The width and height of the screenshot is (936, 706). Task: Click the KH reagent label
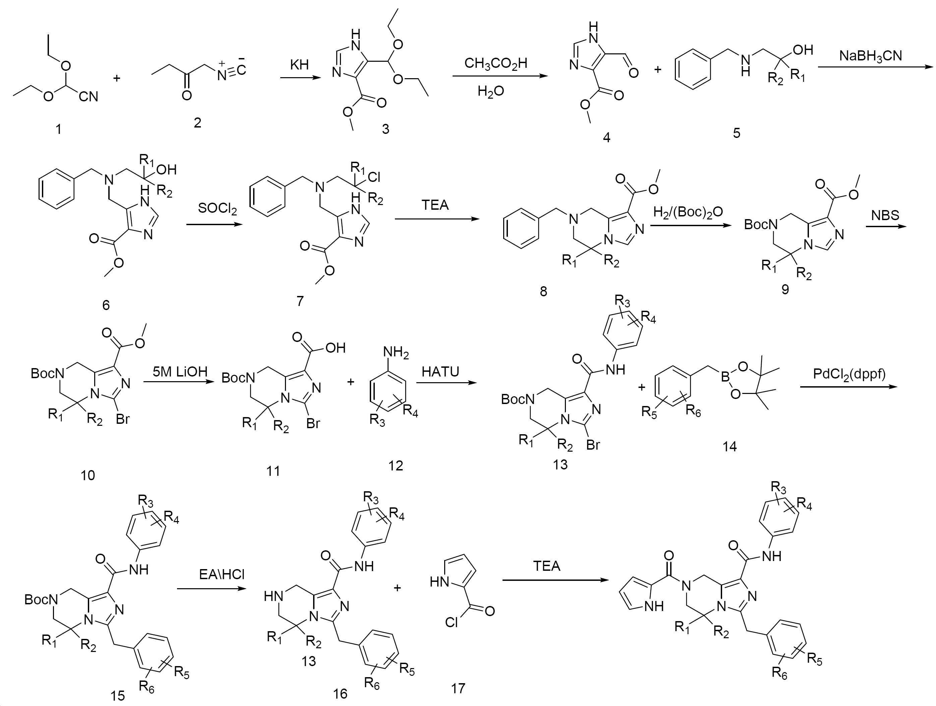[299, 64]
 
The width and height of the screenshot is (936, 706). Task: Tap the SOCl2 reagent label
[218, 209]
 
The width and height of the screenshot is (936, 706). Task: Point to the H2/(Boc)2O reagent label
[688, 212]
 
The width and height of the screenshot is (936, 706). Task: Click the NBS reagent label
[885, 215]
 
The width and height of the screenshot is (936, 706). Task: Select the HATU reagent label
[441, 371]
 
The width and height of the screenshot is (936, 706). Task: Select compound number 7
[300, 301]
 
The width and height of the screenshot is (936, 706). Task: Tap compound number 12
[396, 466]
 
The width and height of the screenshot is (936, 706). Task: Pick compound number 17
[458, 688]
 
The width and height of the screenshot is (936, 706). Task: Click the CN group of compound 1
[89, 97]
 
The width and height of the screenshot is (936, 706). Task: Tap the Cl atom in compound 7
[374, 177]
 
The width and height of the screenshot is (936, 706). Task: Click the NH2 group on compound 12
[396, 352]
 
